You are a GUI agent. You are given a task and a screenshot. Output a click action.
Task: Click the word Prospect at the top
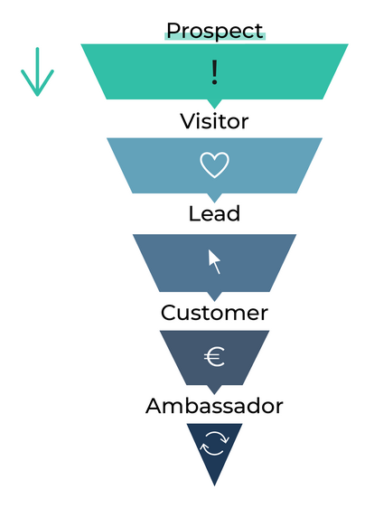tap(215, 32)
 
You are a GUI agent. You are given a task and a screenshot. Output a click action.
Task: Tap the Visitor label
tap(214, 121)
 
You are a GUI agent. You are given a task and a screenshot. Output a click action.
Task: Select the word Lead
tap(214, 213)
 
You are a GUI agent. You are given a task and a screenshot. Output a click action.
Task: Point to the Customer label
tap(214, 313)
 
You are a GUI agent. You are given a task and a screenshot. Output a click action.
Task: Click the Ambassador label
tap(214, 405)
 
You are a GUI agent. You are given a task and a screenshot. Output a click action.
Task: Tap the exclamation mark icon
tap(214, 72)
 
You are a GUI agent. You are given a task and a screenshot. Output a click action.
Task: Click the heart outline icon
tap(214, 165)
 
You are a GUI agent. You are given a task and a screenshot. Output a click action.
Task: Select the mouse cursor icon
tap(214, 261)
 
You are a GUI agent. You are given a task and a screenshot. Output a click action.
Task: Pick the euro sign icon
tap(214, 357)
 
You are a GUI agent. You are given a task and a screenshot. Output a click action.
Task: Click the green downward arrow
tap(37, 71)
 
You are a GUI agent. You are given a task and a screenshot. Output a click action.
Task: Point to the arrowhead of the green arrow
tap(37, 95)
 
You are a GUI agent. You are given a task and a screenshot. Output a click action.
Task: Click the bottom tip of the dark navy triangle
tap(214, 486)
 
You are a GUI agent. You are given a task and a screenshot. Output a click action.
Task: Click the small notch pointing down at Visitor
tap(214, 104)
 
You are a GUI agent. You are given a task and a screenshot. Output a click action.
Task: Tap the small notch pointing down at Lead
tap(214, 198)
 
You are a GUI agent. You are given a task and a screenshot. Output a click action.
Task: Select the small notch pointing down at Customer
tap(214, 296)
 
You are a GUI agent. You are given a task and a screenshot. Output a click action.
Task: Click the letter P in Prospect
tap(173, 31)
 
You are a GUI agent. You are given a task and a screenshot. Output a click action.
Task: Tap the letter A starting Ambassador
tap(154, 406)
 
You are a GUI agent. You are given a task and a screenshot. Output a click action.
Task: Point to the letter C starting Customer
tap(168, 313)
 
